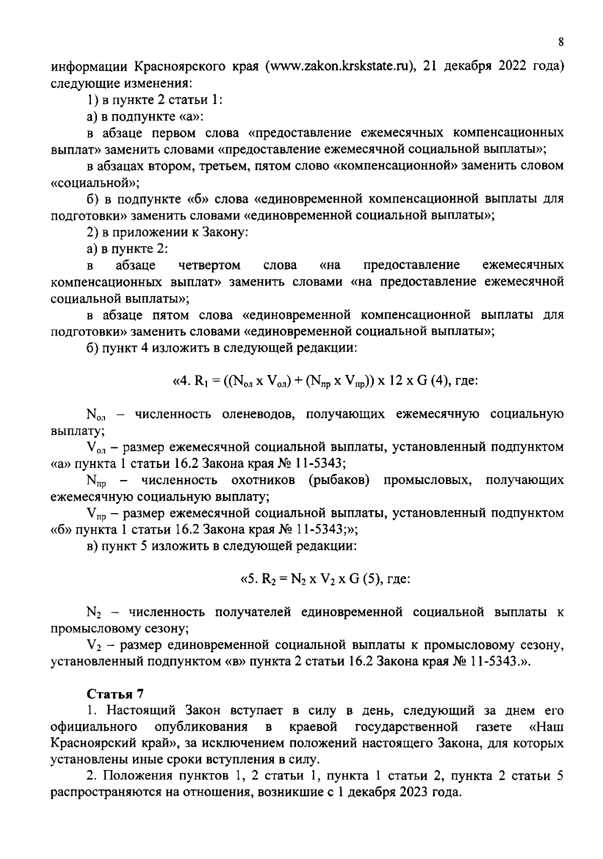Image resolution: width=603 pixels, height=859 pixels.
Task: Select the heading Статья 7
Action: pos(116,694)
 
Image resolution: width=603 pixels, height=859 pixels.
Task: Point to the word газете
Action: pos(493,727)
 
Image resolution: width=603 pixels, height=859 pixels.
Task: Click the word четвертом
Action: pos(209,265)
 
